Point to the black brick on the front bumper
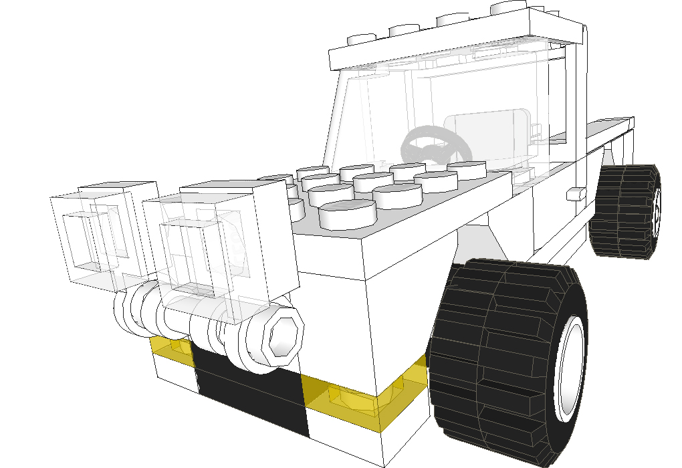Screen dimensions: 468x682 251,394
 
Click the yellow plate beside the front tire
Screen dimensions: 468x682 361,398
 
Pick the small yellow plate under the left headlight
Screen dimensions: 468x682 170,349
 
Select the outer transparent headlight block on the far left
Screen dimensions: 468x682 94,234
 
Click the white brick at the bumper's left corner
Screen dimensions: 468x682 173,374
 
